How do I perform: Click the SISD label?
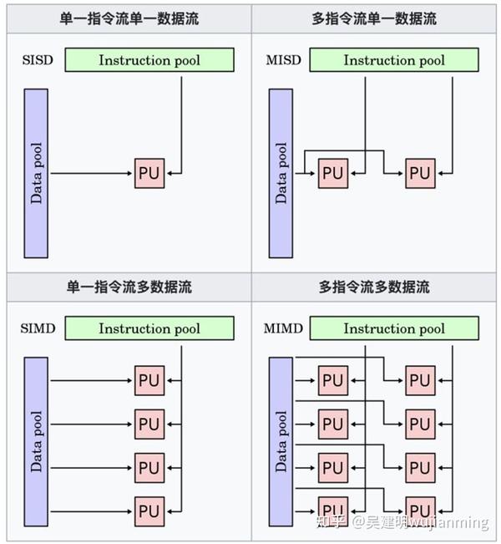pos(38,60)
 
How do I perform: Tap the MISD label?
pos(282,60)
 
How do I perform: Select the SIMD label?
pos(38,328)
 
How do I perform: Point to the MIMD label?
pos(283,328)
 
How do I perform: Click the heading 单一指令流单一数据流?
pos(129,18)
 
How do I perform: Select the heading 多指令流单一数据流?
pos(374,18)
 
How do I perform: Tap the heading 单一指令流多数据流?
pos(129,287)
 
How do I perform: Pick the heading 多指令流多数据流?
pos(374,287)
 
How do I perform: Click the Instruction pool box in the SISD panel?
pos(149,60)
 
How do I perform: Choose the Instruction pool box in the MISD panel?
pos(394,60)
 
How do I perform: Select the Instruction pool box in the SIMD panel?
pos(149,328)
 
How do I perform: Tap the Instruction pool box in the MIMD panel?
pos(394,328)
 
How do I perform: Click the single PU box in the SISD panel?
pos(149,173)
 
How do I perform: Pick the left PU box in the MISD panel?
pos(332,173)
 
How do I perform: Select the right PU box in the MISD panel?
pos(420,173)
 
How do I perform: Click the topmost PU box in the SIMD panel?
pos(149,380)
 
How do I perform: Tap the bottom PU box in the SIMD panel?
pos(149,510)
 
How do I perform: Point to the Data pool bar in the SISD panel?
pos(37,173)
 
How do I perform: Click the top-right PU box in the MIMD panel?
pos(420,380)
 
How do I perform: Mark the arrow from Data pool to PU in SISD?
pos(92,173)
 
